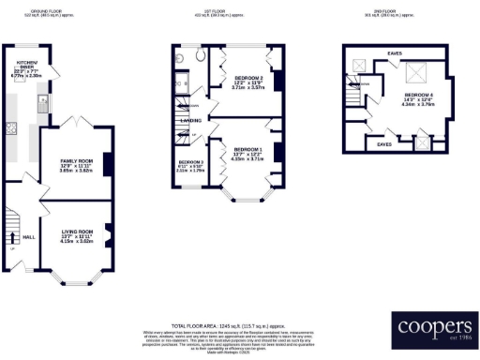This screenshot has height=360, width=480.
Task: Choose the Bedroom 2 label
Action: click(247, 81)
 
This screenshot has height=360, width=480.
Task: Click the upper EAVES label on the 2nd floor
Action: click(395, 54)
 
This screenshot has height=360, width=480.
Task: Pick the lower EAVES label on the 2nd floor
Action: click(383, 145)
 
